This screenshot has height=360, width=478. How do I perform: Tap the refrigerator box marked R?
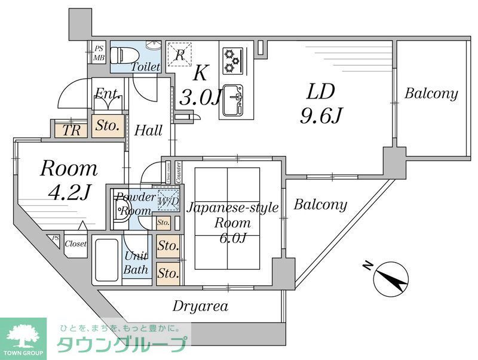(x=179, y=56)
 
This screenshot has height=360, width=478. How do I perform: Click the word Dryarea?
(x=200, y=307)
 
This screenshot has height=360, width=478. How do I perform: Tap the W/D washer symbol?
(x=168, y=202)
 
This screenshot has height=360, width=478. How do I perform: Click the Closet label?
(x=75, y=244)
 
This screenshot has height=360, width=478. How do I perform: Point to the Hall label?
(x=149, y=130)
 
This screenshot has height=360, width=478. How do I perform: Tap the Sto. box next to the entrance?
(x=109, y=126)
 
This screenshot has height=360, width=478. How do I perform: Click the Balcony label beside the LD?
(x=431, y=94)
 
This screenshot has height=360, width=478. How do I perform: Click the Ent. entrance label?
(x=109, y=94)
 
